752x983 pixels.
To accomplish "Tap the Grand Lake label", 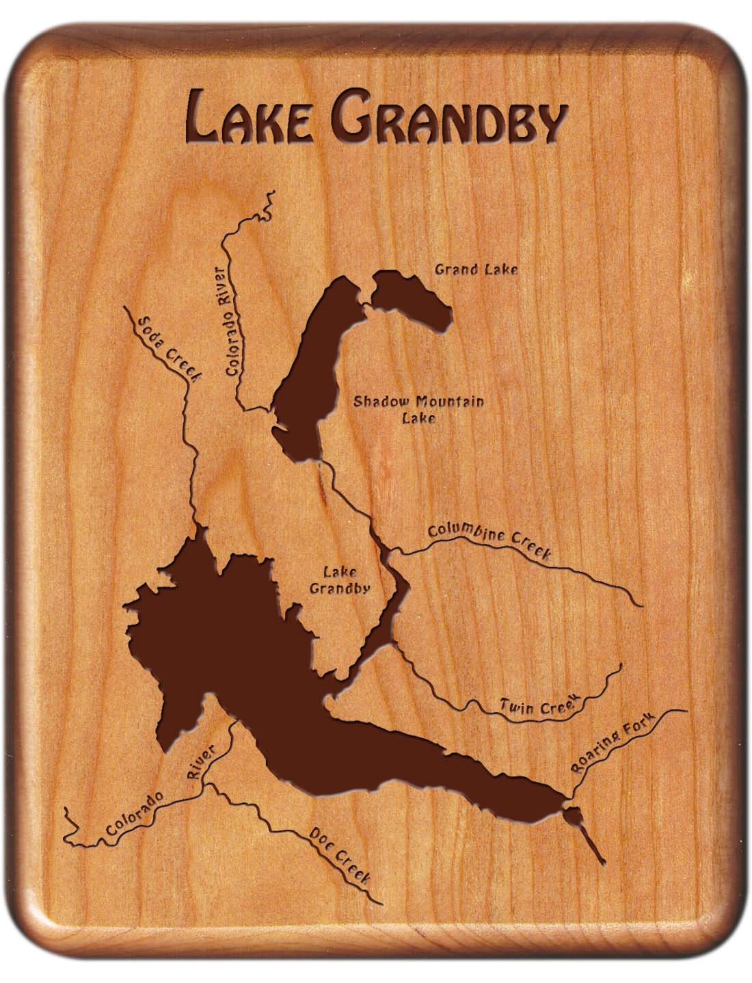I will (476, 269).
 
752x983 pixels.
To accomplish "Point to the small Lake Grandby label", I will (340, 581).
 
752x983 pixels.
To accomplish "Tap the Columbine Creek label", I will (489, 541).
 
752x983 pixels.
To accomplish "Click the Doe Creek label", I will (340, 856).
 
